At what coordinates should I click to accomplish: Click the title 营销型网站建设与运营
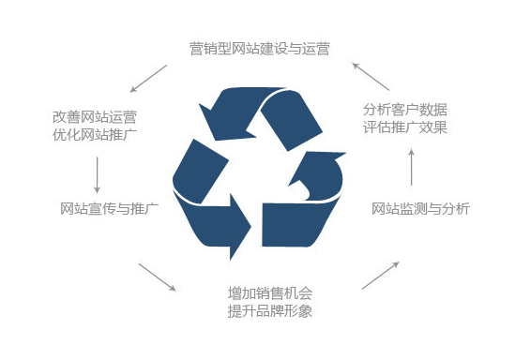pyautogui.click(x=260, y=49)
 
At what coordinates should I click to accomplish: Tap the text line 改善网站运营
pyautogui.click(x=95, y=117)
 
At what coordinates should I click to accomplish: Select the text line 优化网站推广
pyautogui.click(x=95, y=135)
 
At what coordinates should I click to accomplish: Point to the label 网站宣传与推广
pyautogui.click(x=109, y=209)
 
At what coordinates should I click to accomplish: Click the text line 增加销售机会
pyautogui.click(x=270, y=293)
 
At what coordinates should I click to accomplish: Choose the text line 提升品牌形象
pyautogui.click(x=270, y=310)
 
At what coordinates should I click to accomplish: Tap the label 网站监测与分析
pyautogui.click(x=420, y=209)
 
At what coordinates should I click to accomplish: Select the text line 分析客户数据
pyautogui.click(x=405, y=110)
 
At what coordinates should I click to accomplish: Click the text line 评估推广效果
pyautogui.click(x=405, y=127)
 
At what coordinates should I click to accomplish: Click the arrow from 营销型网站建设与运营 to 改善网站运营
pyautogui.click(x=148, y=79)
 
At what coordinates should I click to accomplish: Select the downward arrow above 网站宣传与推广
pyautogui.click(x=97, y=175)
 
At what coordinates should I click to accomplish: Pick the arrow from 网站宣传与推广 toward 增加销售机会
pyautogui.click(x=158, y=277)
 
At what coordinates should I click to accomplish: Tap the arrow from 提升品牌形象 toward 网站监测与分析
pyautogui.click(x=381, y=276)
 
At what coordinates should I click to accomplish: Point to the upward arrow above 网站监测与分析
pyautogui.click(x=411, y=168)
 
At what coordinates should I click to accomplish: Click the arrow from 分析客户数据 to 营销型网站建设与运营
pyautogui.click(x=371, y=77)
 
